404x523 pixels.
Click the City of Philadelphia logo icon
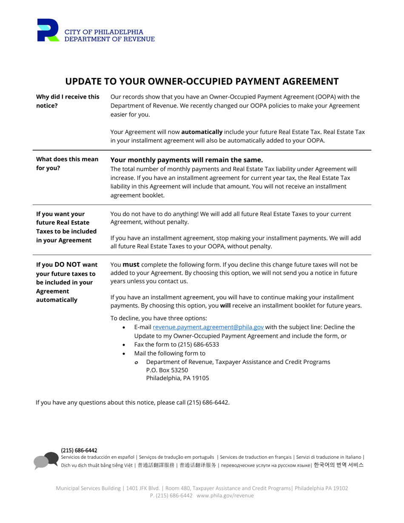(48, 30)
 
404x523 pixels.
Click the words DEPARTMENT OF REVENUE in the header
(109, 39)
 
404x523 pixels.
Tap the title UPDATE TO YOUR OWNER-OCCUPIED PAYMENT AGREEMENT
(202, 82)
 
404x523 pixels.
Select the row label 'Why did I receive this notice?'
(68, 101)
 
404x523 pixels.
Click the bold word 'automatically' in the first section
(202, 132)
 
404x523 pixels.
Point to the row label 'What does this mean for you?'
(67, 163)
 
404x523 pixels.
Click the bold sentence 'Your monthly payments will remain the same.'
(187, 160)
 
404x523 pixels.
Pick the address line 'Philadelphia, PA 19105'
(177, 378)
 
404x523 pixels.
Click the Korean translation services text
(339, 465)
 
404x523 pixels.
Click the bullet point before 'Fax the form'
(124, 345)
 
